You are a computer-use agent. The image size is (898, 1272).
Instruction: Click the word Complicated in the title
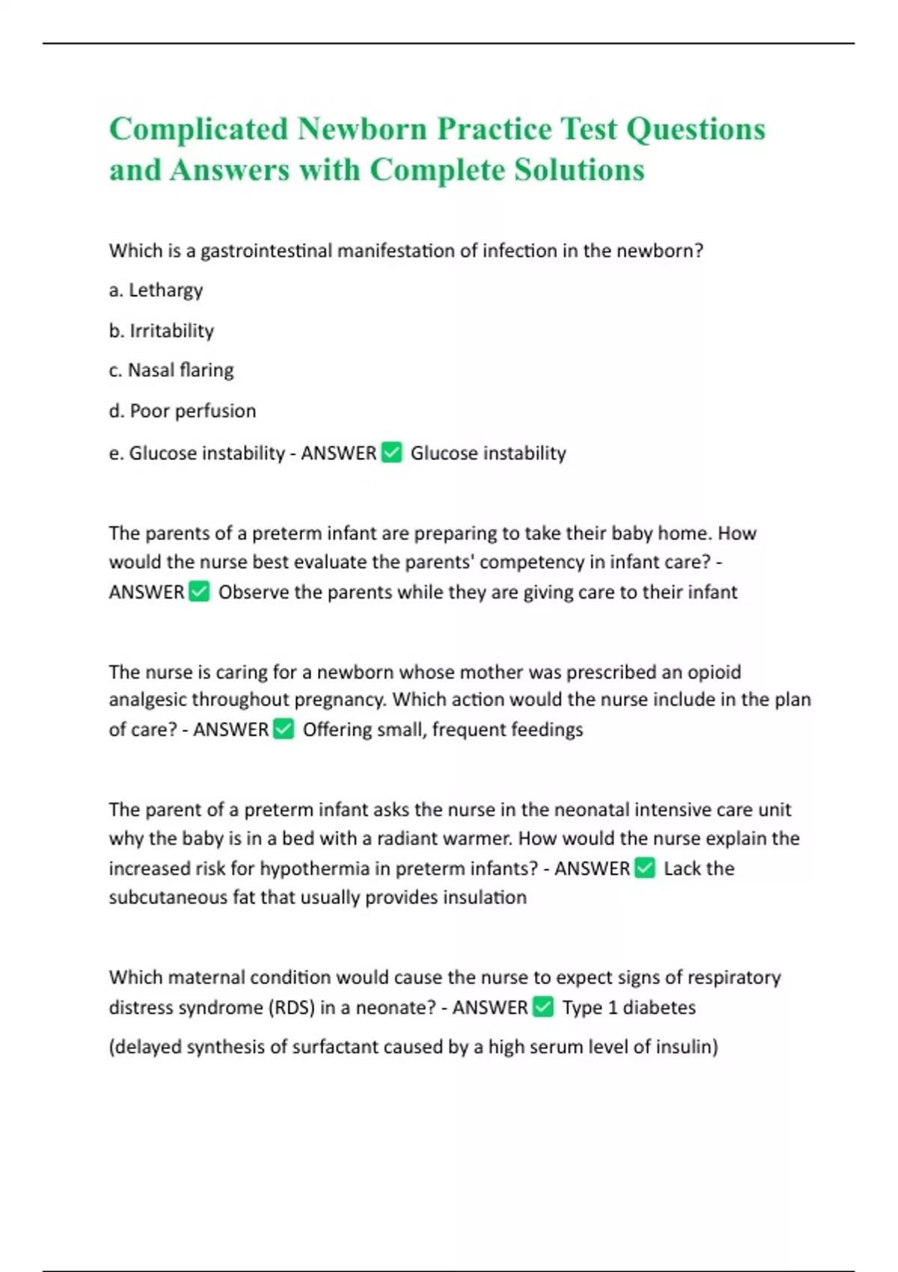(x=198, y=129)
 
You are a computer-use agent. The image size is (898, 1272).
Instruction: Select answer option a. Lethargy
(x=156, y=290)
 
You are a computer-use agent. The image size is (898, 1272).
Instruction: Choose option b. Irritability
(x=162, y=331)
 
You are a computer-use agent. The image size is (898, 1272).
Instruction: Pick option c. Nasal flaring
(x=171, y=370)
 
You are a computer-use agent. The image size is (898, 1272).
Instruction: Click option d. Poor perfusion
(x=183, y=411)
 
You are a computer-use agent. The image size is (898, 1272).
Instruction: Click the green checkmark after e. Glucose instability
(x=392, y=453)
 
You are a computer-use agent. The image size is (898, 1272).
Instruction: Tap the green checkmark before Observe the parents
(x=200, y=592)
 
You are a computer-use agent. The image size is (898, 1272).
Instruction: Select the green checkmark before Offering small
(x=284, y=729)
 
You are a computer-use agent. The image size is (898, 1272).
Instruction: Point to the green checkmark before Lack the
(x=645, y=868)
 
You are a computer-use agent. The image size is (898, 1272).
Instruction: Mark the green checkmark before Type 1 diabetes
(x=544, y=1007)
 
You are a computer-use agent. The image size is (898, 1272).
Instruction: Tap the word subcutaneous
(x=168, y=897)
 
